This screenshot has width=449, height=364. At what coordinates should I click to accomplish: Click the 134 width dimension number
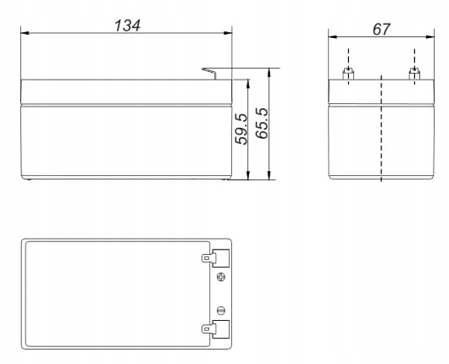tap(127, 25)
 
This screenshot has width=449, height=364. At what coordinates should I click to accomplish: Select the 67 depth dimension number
tap(381, 28)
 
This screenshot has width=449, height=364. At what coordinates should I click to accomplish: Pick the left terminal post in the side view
tap(347, 74)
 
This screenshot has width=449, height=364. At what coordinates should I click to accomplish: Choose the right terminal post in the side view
tap(413, 74)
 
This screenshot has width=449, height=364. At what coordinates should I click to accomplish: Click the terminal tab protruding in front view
tap(210, 73)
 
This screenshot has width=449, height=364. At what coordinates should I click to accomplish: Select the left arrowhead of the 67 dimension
tap(333, 37)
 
